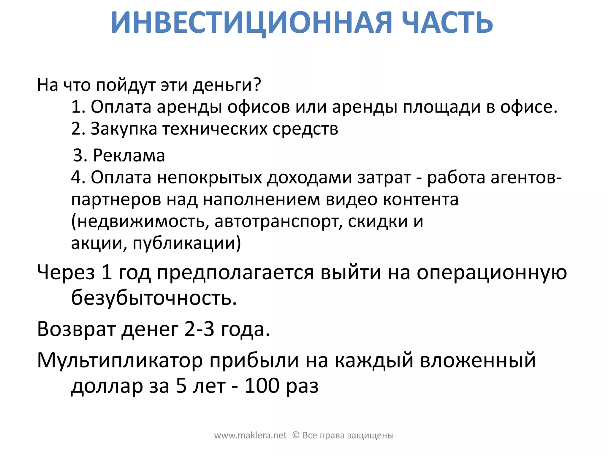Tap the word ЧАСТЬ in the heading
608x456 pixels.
click(447, 23)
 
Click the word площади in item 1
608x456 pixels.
click(441, 107)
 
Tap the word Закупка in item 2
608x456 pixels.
click(123, 129)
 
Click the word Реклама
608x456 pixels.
click(129, 155)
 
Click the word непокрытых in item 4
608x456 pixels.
click(209, 178)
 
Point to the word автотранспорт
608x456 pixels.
click(278, 221)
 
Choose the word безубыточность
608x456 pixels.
click(154, 297)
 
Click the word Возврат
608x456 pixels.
click(76, 330)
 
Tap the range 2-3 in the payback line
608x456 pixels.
click(199, 329)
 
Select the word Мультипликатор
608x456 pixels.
click(120, 361)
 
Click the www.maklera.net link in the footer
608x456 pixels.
click(250, 436)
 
